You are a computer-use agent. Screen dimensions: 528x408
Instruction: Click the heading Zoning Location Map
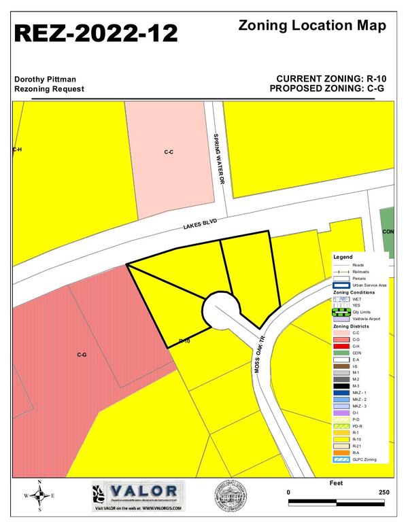pos(313,26)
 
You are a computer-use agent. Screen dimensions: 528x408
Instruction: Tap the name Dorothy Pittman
pos(45,79)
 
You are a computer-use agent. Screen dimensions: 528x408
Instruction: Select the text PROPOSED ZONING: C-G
pos(328,89)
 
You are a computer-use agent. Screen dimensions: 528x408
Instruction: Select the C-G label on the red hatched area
pos(82,355)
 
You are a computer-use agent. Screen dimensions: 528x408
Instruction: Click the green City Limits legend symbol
pos(341,312)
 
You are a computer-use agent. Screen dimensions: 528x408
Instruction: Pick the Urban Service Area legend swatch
pos(341,285)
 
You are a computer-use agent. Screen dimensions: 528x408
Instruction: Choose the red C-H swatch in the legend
pos(341,346)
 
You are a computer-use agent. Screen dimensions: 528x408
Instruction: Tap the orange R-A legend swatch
pos(341,452)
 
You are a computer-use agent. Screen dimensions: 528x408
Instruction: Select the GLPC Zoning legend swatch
pos(341,459)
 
